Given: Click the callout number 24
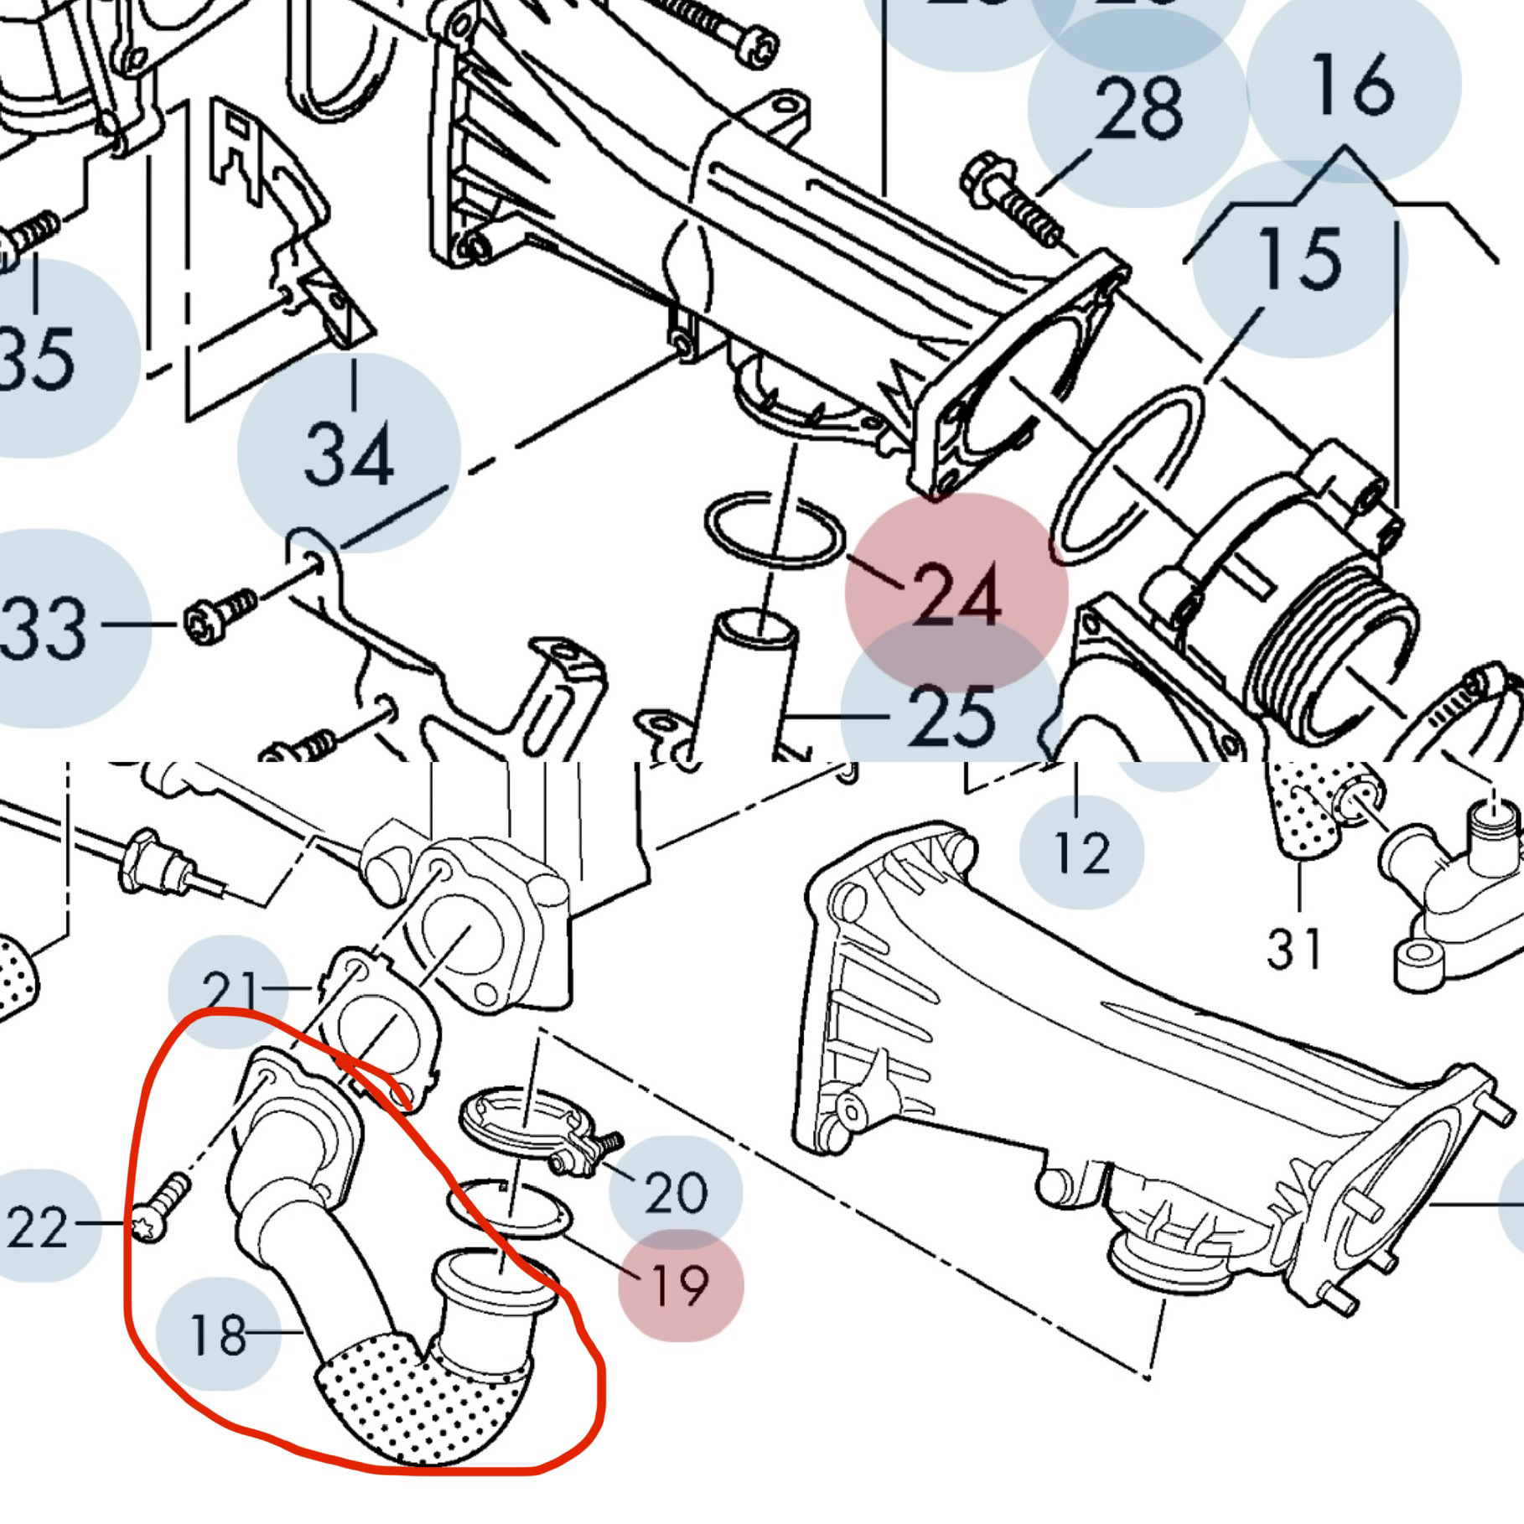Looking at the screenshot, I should [956, 594].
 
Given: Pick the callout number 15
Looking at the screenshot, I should [1299, 258].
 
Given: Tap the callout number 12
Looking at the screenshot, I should [1081, 853].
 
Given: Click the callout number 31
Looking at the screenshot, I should [1293, 948].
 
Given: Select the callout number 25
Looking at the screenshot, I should [951, 717].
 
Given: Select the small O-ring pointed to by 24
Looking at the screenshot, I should [774, 530].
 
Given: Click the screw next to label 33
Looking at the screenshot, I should [220, 616].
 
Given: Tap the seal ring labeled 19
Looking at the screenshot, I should [509, 1211].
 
